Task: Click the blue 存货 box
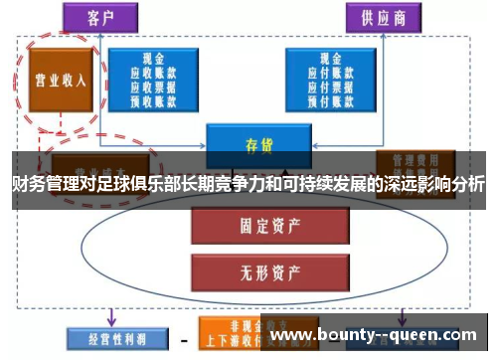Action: point(258,143)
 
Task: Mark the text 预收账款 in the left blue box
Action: point(157,99)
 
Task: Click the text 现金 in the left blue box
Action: point(157,59)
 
